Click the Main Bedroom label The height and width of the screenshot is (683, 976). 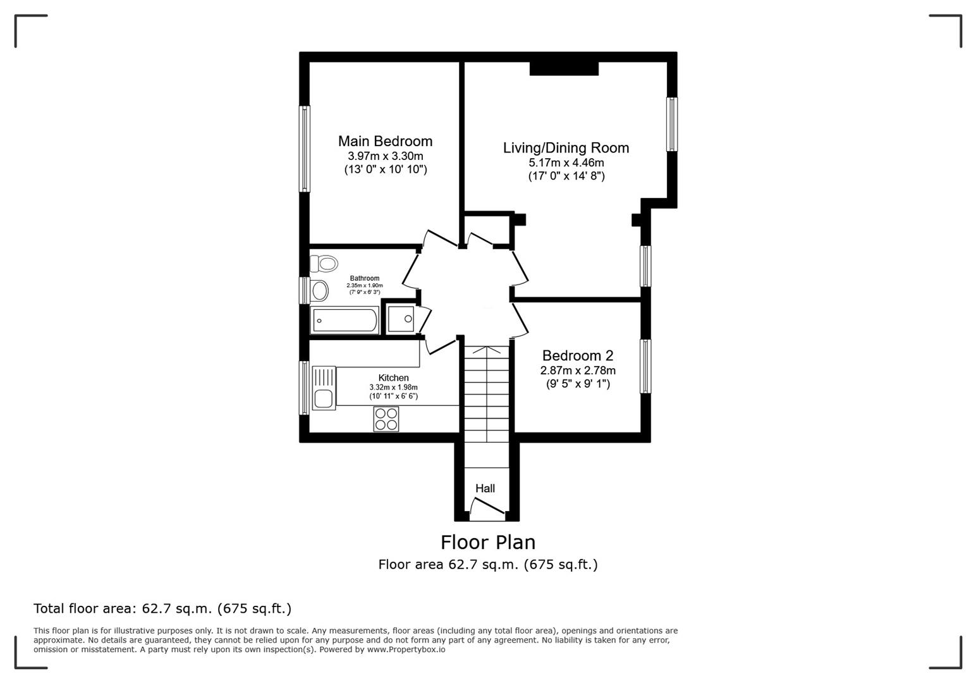pos(385,141)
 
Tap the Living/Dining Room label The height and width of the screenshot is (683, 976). pos(566,148)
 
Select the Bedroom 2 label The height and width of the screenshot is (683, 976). pos(577,355)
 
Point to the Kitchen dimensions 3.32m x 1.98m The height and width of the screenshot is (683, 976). pos(393,388)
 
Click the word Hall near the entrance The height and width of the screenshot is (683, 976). pos(485,488)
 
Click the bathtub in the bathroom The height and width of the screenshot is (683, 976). pos(345,321)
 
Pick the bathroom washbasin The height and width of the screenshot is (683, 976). pos(319,291)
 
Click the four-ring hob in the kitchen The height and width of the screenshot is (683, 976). pos(386,419)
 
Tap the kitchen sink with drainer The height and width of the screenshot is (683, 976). pos(324,388)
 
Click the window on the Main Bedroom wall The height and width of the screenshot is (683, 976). pos(305,149)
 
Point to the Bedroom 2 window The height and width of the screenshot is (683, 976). pos(645,366)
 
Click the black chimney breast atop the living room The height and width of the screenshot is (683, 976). pos(564,68)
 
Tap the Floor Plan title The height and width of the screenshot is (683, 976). pos(487,543)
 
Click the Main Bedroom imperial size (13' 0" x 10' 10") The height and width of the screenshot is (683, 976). pos(385,169)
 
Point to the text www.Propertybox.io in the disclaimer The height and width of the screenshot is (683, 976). pos(406,649)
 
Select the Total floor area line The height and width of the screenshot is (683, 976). pos(162,609)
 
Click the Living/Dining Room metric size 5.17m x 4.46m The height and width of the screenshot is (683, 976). pos(566,163)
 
